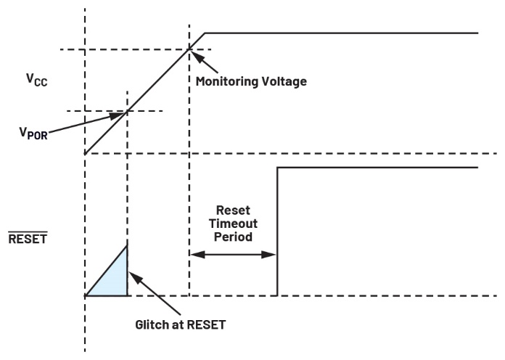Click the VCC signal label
36,78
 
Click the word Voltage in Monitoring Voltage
286,81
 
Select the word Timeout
233,224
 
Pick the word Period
233,237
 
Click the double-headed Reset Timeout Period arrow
233,255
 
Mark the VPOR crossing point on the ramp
127,111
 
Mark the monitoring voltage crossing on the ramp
189,49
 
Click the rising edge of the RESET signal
277,232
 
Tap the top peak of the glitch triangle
127,246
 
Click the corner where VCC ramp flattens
206,33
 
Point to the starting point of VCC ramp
86,153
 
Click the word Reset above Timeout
233,210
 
